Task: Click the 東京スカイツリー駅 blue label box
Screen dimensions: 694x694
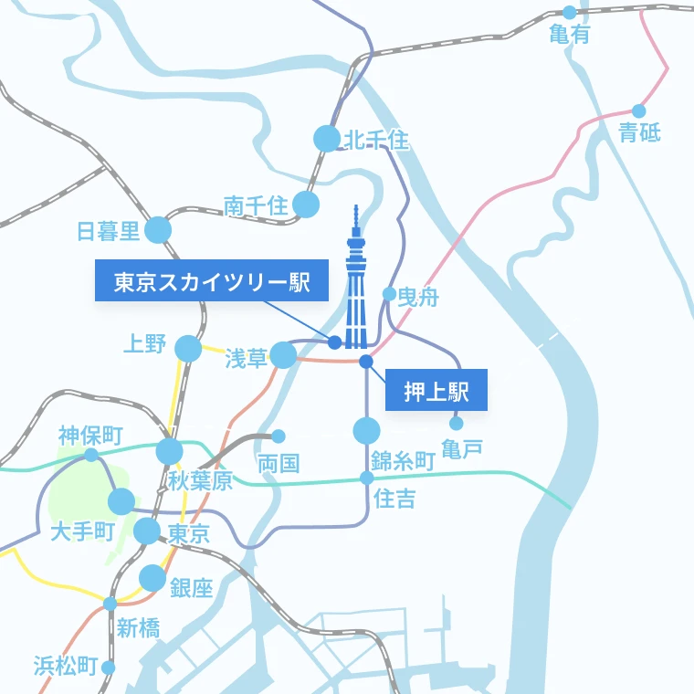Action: click(x=211, y=281)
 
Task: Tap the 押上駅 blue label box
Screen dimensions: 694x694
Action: click(x=436, y=391)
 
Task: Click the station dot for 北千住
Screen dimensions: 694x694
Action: click(x=326, y=139)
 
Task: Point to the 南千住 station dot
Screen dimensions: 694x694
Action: click(x=306, y=205)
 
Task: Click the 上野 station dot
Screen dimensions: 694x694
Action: click(x=188, y=348)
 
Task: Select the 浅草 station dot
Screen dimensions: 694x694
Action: click(x=283, y=354)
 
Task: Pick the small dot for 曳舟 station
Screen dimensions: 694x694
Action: click(x=389, y=294)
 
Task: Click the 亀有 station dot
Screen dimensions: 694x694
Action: click(x=570, y=13)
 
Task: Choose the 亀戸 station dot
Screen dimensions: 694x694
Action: click(x=457, y=423)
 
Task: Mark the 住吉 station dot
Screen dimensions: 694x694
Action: click(x=366, y=478)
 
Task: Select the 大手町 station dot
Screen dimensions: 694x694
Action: click(x=121, y=501)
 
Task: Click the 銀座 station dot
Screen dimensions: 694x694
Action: click(x=152, y=578)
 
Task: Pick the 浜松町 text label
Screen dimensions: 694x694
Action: click(x=66, y=666)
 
